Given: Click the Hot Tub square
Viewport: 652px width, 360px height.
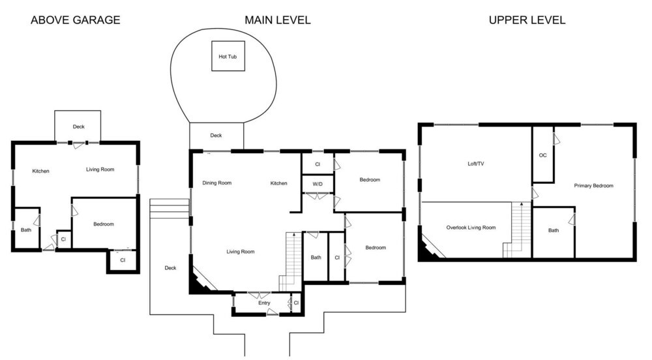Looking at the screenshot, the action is point(228,55).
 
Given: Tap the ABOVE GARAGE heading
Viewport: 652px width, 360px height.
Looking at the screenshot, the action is point(75,20).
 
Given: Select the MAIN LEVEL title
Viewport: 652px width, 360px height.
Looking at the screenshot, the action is point(277,20).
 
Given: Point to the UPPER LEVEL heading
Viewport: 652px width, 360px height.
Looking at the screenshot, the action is point(527,20).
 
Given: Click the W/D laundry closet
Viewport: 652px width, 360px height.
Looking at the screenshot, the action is point(318,184).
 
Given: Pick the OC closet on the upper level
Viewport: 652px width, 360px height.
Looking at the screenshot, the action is point(542,155).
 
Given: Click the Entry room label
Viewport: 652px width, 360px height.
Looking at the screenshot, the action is point(264,303).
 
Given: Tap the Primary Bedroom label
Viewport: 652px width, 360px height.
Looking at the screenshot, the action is point(593,186).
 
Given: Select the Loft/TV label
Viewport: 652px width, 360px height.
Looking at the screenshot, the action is point(476,164).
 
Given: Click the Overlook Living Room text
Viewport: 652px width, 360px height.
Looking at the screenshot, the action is point(471,228).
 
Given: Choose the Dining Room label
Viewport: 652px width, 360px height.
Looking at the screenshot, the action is point(216,183).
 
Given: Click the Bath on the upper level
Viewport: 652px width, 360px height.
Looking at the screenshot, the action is point(554,230).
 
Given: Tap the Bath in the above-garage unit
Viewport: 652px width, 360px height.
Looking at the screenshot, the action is point(26,230).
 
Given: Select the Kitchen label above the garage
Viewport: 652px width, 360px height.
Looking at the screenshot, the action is point(40,171).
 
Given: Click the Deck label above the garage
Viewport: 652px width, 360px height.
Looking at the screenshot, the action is point(79,127).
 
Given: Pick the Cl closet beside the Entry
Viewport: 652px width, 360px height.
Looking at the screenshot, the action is point(296,303).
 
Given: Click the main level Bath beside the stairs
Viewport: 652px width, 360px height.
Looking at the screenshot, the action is point(316,258).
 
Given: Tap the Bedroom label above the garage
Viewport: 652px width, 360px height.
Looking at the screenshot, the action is point(104,224).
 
